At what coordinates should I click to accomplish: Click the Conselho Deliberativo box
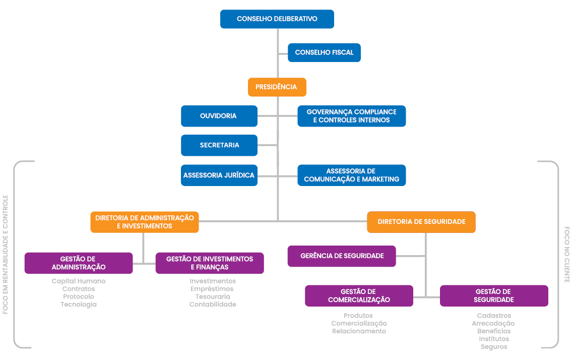tap(277, 19)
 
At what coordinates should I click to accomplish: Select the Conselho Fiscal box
tap(324, 52)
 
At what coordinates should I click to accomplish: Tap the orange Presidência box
tap(277, 87)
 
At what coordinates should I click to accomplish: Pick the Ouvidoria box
tap(219, 116)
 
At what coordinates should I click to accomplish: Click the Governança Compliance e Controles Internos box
tap(351, 116)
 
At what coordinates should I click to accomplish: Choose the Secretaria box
tap(219, 145)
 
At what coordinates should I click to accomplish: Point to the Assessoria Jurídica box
tap(219, 175)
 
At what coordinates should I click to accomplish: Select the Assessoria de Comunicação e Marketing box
tap(351, 175)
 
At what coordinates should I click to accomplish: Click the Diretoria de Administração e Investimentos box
tap(144, 222)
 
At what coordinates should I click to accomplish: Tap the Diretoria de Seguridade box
tap(421, 222)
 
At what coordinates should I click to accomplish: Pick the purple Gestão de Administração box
tap(79, 263)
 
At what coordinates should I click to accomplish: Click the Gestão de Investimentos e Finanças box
tap(209, 263)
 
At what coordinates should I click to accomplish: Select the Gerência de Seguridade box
tap(342, 256)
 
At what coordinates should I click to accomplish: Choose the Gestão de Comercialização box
tap(359, 295)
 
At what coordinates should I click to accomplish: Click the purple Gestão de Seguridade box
tap(493, 295)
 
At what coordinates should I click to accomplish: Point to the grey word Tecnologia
tap(79, 305)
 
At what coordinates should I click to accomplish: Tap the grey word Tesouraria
tap(213, 296)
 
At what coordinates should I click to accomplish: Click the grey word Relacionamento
tap(359, 331)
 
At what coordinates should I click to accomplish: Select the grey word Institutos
tap(494, 339)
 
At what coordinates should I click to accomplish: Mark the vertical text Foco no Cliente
tap(566, 254)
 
